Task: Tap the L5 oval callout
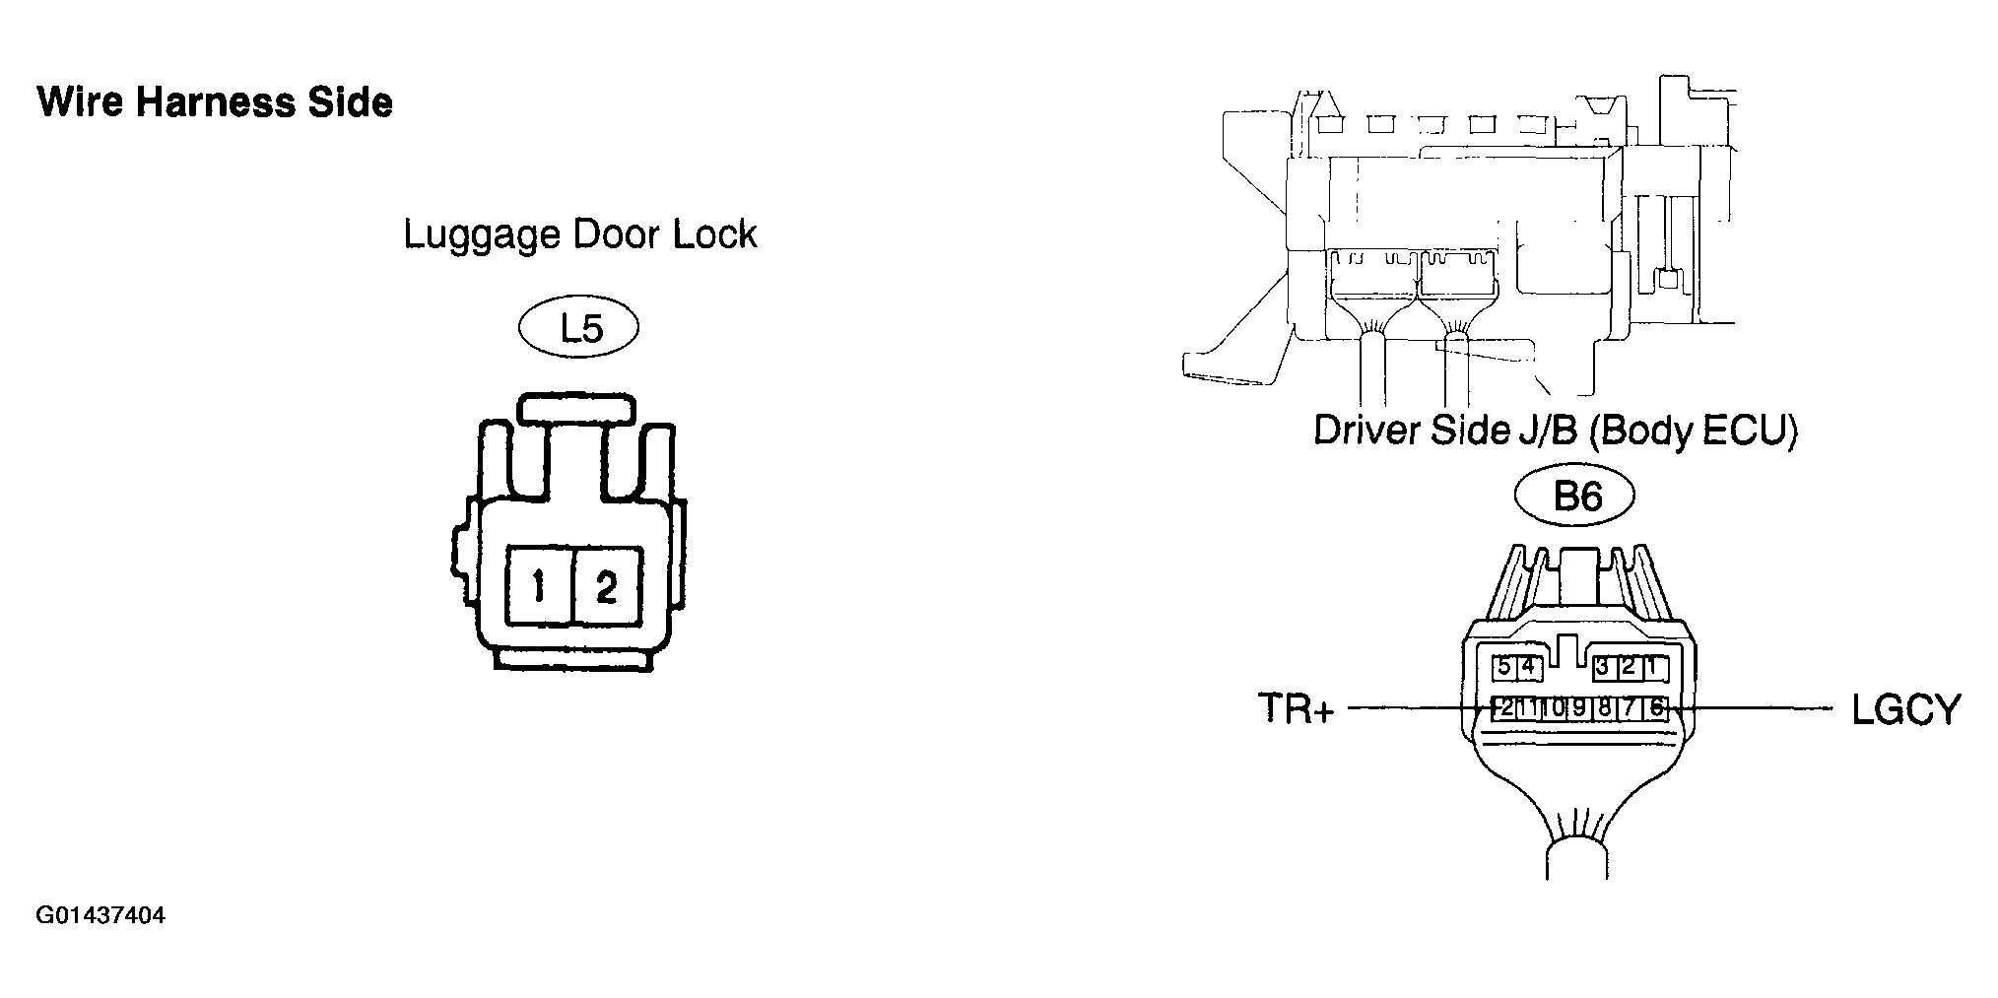pyautogui.click(x=580, y=328)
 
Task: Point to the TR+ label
pyautogui.click(x=1295, y=708)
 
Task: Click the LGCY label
pyautogui.click(x=1906, y=708)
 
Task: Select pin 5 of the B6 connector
pyautogui.click(x=1503, y=667)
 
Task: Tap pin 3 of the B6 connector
pyautogui.click(x=1603, y=667)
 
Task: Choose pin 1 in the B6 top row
pyautogui.click(x=1653, y=667)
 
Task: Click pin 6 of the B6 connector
pyautogui.click(x=1656, y=707)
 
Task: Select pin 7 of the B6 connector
pyautogui.click(x=1631, y=707)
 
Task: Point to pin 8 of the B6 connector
pyautogui.click(x=1605, y=707)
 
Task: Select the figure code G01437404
pyautogui.click(x=100, y=916)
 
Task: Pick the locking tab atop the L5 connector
pyautogui.click(x=577, y=409)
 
